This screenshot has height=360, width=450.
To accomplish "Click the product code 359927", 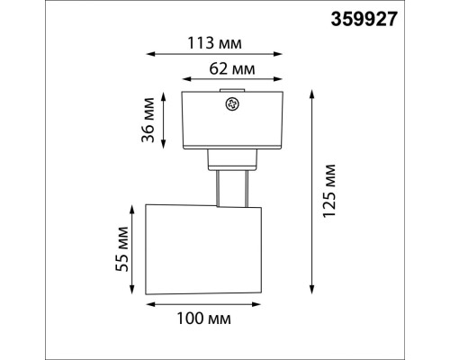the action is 364,19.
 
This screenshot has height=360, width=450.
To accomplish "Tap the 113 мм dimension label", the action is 214,43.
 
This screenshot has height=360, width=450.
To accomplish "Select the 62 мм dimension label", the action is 232,69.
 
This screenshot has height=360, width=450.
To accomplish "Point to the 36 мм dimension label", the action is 148,120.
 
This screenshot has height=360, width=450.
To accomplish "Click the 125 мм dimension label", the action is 328,190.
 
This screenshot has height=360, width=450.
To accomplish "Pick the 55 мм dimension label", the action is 122,249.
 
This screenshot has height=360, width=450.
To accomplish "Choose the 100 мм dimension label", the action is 204,319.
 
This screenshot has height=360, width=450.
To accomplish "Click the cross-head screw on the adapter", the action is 232,104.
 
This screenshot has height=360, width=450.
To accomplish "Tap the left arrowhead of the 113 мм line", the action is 150,54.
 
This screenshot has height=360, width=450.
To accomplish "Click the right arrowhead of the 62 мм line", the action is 278,79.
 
